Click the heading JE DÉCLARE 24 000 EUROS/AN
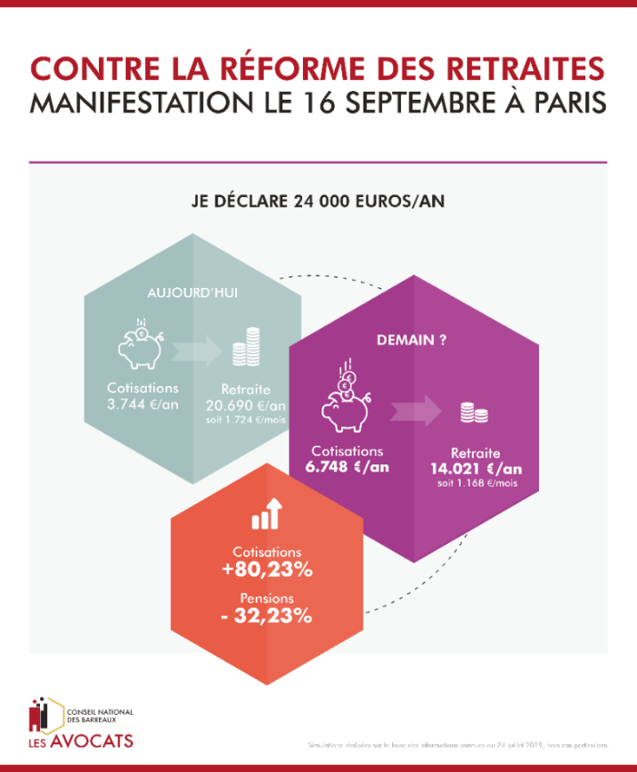point(318,201)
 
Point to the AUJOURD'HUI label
point(192,292)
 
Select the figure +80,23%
point(267,570)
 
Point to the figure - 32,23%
point(267,615)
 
